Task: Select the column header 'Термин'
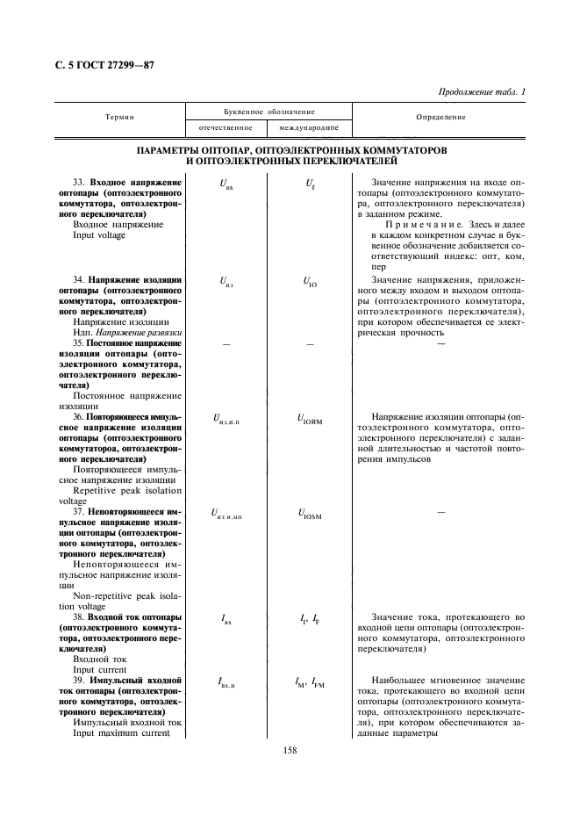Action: pos(119,117)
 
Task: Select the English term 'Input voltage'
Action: pos(99,235)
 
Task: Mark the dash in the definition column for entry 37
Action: pos(440,511)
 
